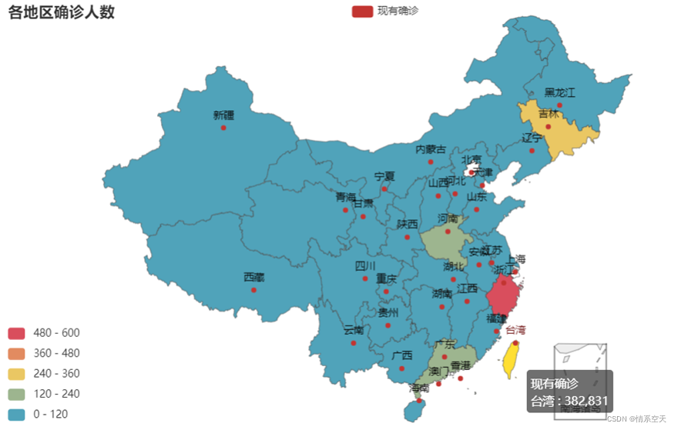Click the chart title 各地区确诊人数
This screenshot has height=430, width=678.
point(62,12)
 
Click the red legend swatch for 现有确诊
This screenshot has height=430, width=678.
point(362,12)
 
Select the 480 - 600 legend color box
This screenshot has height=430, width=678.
point(17,333)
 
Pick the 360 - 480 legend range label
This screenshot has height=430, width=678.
point(56,353)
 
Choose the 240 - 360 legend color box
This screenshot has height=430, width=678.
point(17,374)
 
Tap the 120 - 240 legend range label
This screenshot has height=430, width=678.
point(56,394)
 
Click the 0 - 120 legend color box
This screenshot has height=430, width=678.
point(17,415)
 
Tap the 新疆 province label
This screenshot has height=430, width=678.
point(223,115)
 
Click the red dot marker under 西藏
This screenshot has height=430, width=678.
point(253,290)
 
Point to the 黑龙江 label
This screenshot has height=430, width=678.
point(560,93)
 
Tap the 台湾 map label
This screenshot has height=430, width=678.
point(515,330)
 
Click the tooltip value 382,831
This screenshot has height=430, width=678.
point(586,401)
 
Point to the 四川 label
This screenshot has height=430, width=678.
point(365,266)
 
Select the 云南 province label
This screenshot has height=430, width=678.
point(354,330)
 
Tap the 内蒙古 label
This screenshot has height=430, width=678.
point(431,149)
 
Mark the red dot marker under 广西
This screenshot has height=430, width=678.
point(401,368)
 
